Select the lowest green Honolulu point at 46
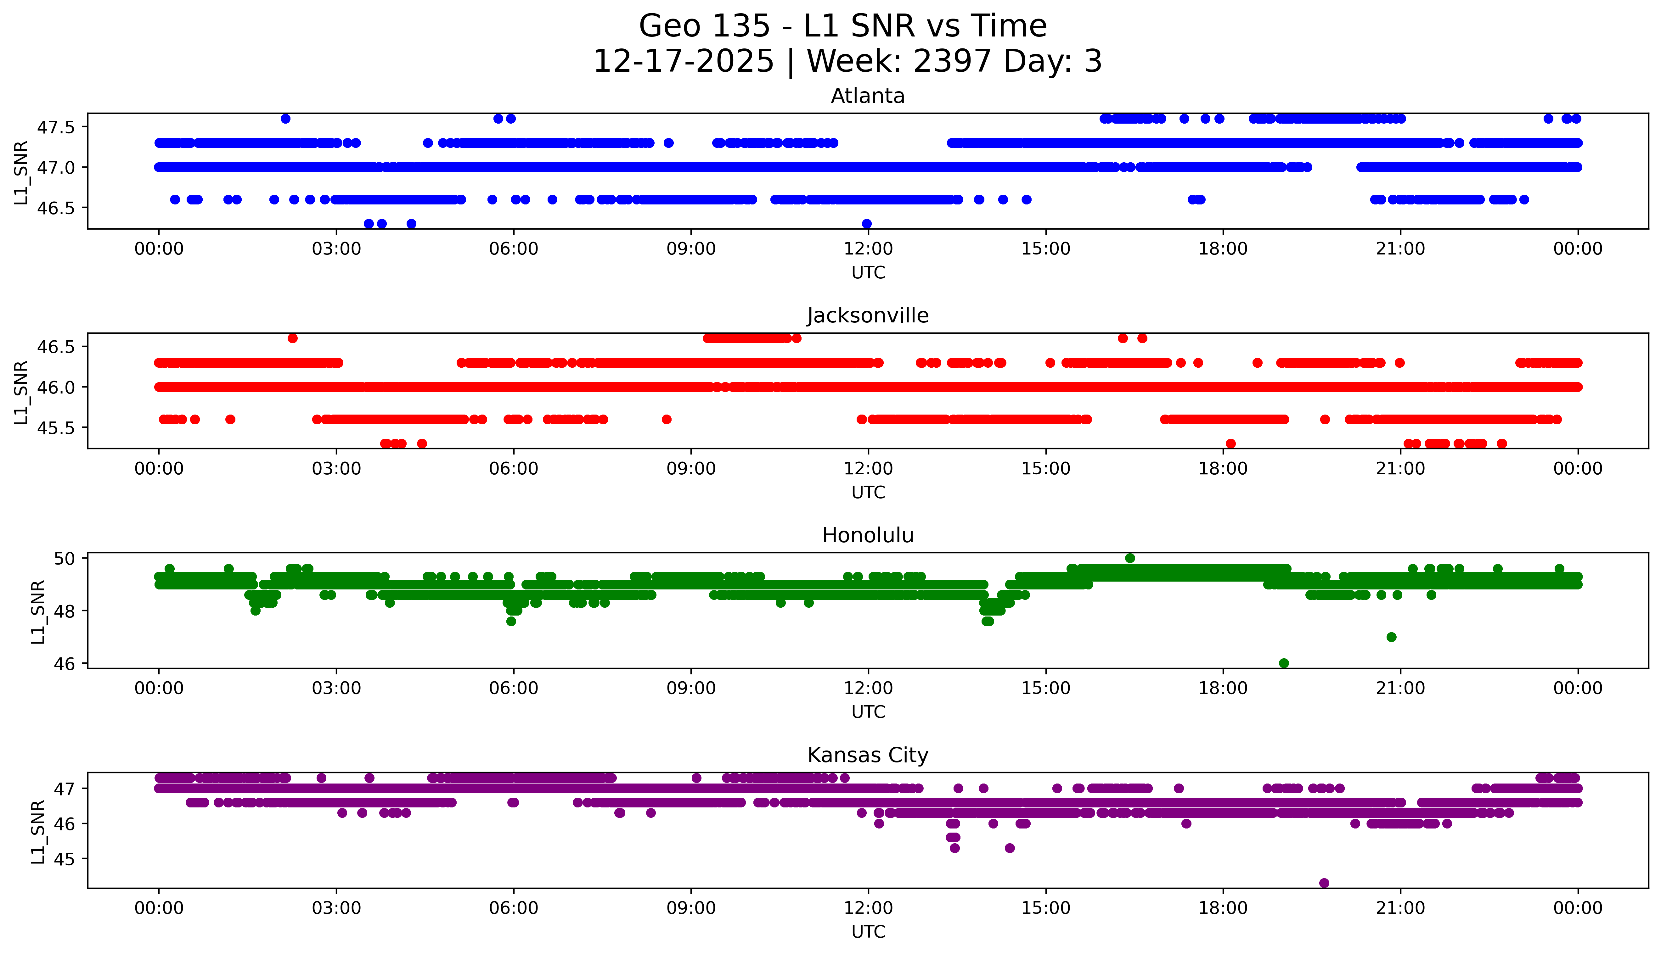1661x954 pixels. (x=1283, y=663)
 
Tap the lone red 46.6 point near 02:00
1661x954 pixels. (x=292, y=338)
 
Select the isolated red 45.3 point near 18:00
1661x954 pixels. (x=1230, y=444)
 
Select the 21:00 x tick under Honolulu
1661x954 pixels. (x=1401, y=688)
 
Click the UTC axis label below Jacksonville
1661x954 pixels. (x=868, y=492)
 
